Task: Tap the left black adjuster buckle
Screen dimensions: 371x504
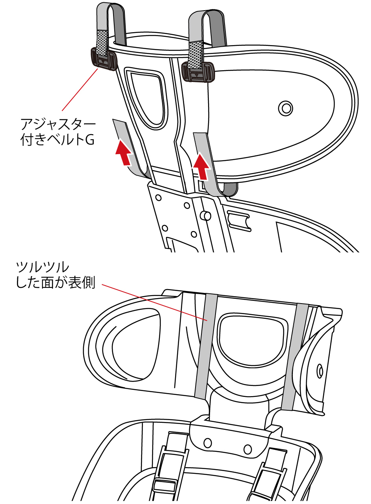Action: pyautogui.click(x=104, y=59)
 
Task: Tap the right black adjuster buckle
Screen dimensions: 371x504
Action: pyautogui.click(x=198, y=71)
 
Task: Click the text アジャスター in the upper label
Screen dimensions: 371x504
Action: pyautogui.click(x=58, y=124)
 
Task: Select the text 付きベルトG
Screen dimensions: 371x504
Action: pyautogui.click(x=57, y=140)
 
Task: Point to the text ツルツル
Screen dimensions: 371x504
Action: pyautogui.click(x=42, y=267)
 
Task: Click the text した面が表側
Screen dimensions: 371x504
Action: pyautogui.click(x=55, y=283)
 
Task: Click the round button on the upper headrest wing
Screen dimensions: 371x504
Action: pyautogui.click(x=286, y=108)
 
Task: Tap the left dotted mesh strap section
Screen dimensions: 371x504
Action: pyautogui.click(x=102, y=43)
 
